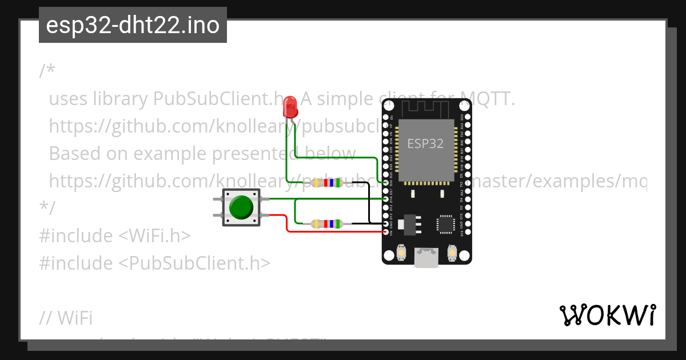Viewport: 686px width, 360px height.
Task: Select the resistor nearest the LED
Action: pyautogui.click(x=328, y=183)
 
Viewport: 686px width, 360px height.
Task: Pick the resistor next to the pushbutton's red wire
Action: pyautogui.click(x=326, y=223)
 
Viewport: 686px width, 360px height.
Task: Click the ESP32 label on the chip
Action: pyautogui.click(x=425, y=143)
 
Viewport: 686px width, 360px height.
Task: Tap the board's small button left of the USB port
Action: pyautogui.click(x=402, y=252)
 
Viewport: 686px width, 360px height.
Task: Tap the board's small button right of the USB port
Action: pyautogui.click(x=452, y=252)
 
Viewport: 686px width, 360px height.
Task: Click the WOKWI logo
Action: pyautogui.click(x=608, y=315)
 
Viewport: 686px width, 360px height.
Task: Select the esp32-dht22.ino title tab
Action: pyautogui.click(x=133, y=26)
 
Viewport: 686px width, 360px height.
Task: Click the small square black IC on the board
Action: pyautogui.click(x=445, y=224)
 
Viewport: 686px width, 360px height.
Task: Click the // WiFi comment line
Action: pyautogui.click(x=66, y=318)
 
